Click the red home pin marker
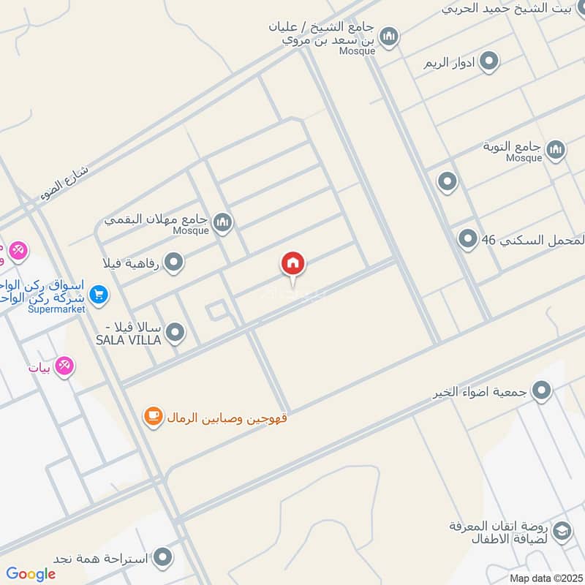click(293, 264)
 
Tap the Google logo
click(31, 574)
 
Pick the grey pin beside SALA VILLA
click(175, 333)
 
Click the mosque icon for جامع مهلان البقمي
click(222, 222)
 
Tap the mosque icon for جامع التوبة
click(556, 149)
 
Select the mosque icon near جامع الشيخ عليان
click(388, 36)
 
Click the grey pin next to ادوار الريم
click(489, 61)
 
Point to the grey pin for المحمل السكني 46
click(467, 238)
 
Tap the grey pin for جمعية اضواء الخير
click(541, 391)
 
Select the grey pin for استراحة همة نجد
click(164, 558)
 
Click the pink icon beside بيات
click(65, 366)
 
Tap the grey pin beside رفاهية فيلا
click(173, 262)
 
